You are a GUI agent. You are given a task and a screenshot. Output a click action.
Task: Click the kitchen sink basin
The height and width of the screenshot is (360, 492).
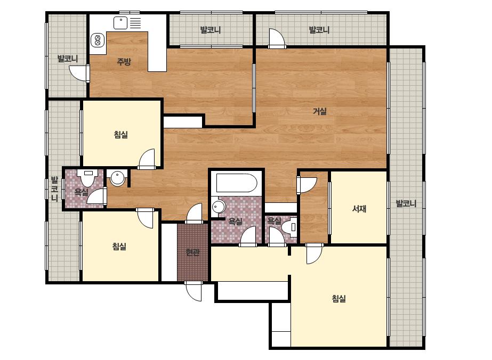(120, 23)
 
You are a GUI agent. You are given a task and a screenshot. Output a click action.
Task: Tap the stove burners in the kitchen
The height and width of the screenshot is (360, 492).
(97, 40)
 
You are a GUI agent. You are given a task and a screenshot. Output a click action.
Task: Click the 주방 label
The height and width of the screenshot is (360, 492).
(124, 61)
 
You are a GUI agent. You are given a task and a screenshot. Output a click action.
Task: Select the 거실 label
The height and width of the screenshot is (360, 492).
(320, 111)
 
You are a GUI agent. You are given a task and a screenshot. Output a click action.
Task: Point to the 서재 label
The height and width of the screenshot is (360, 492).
(359, 209)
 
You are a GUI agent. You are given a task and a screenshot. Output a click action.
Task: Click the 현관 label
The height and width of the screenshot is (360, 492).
(192, 252)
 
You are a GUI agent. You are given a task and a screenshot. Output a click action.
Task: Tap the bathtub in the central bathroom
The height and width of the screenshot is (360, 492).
(237, 183)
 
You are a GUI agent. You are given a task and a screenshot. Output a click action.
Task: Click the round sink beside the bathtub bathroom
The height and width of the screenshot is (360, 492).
(219, 207)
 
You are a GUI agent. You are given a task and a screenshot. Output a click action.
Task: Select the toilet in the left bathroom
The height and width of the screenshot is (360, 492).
(88, 177)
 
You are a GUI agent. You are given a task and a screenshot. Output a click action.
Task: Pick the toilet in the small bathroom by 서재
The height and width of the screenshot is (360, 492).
(289, 226)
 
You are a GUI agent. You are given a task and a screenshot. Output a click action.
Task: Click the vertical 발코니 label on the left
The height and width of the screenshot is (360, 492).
(54, 189)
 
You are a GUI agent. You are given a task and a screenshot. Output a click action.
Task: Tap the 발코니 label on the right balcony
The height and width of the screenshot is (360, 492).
(406, 203)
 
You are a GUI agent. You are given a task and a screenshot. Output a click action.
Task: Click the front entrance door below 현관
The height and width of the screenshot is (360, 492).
(193, 291)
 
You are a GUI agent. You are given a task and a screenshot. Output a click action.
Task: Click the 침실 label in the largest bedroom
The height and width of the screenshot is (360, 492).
(338, 298)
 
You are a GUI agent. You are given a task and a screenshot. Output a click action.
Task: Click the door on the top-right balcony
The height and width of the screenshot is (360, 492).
(277, 38)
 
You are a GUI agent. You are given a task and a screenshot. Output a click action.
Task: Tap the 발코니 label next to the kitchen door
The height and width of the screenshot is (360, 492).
(68, 59)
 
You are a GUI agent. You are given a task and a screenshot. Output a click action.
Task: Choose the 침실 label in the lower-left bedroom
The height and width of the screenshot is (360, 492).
(119, 247)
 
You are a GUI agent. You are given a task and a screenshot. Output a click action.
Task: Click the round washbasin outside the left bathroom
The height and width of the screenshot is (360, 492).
(118, 178)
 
